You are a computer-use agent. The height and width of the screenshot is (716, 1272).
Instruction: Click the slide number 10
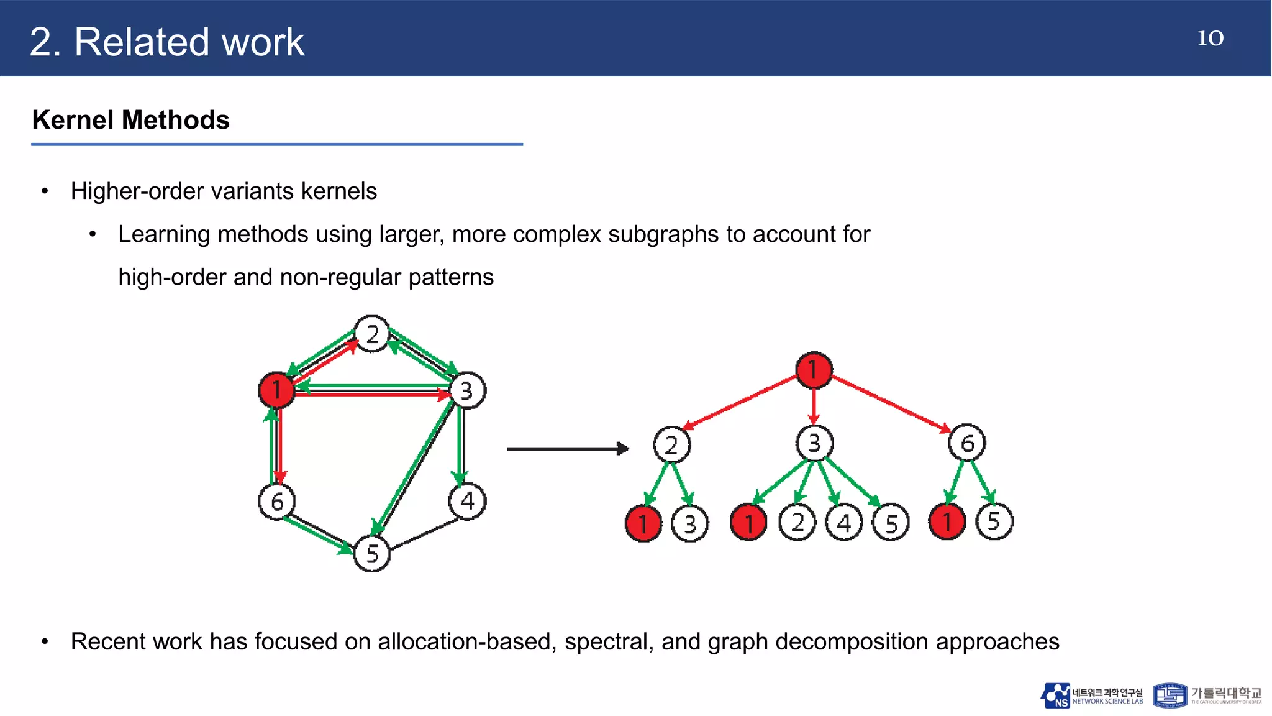pos(1210,38)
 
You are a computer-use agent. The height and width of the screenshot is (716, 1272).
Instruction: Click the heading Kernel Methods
pos(130,120)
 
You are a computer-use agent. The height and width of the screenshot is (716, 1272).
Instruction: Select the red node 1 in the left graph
pos(276,390)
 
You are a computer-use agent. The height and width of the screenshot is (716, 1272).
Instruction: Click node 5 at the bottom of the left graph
pos(371,553)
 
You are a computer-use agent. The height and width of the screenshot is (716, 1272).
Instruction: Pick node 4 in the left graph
pos(467,501)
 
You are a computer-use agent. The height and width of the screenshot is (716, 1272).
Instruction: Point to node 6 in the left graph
pos(276,501)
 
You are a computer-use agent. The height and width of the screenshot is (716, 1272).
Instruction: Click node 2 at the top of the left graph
pos(371,334)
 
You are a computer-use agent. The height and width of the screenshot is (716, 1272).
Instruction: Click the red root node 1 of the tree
pos(814,370)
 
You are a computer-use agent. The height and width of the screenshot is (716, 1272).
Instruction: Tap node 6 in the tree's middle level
pos(966,443)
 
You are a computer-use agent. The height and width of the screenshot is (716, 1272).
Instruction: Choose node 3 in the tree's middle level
pos(814,443)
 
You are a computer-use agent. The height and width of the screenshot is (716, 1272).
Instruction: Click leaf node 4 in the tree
pos(843,523)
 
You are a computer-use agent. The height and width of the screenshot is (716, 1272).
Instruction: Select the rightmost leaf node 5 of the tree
pos(994,521)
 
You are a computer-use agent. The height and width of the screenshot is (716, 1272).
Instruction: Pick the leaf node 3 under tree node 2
pos(689,524)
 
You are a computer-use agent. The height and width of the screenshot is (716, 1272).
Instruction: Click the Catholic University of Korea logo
pos(1207,695)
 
